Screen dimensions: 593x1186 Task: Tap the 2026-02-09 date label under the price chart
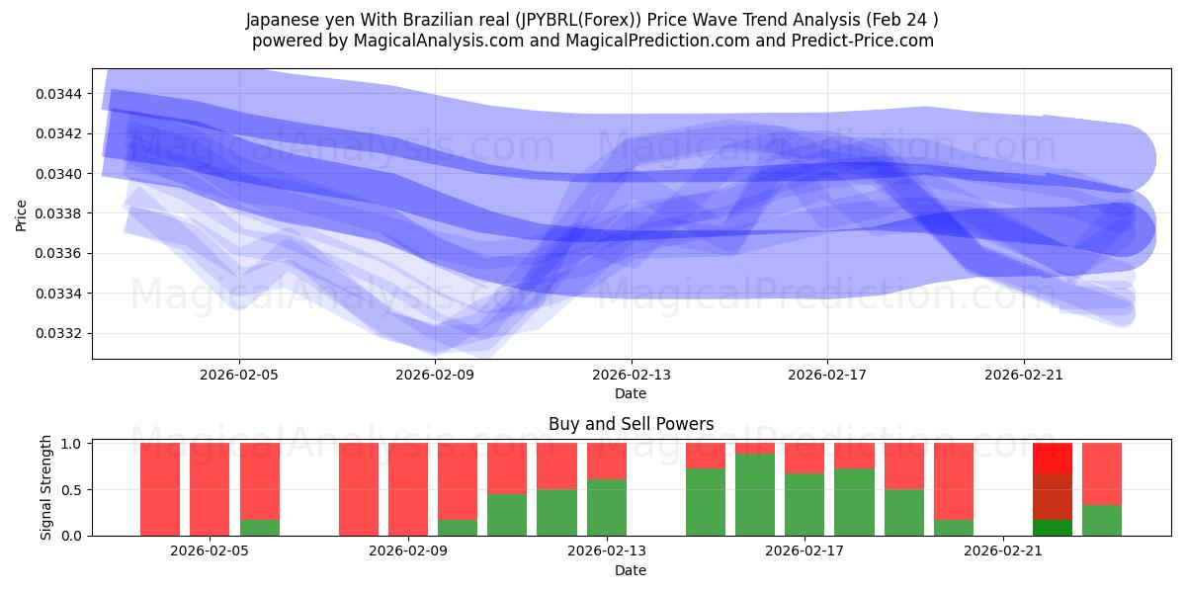[435, 375]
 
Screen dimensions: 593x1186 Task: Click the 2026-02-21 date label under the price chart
[1023, 375]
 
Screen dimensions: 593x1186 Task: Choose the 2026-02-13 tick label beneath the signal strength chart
[606, 551]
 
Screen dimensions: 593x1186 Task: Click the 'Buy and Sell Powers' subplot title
[631, 424]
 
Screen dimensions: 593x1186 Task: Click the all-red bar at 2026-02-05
[210, 489]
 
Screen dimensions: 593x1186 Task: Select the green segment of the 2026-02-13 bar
[607, 507]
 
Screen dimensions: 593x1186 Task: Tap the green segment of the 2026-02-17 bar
[805, 504]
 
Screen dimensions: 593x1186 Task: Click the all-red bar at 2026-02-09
[408, 489]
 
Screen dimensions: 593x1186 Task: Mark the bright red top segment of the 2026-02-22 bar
[1053, 458]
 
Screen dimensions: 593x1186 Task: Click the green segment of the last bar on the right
[1102, 520]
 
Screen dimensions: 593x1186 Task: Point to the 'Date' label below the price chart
[631, 393]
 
